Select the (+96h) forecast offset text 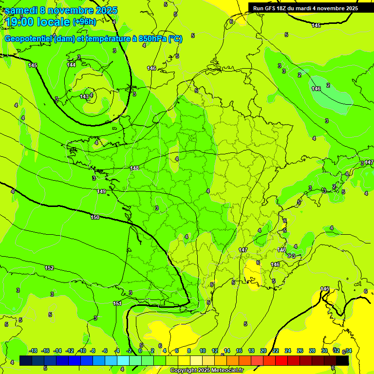84,22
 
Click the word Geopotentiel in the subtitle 30,39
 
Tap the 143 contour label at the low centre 84,96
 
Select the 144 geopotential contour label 71,65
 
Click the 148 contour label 134,168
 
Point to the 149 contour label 101,191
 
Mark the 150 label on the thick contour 95,217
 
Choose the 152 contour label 49,268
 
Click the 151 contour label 117,303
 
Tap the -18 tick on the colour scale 33,351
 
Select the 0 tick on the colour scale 140,351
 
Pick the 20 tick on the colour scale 263,351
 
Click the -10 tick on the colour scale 82,351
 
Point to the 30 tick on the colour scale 324,351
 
